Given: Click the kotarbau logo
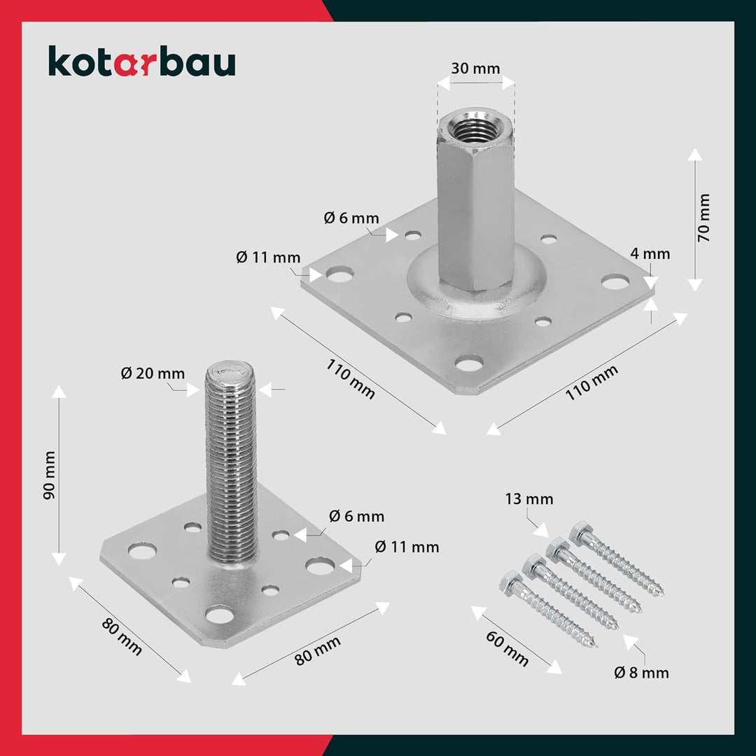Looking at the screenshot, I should pyautogui.click(x=141, y=62).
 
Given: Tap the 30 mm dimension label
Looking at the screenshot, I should pyautogui.click(x=475, y=68).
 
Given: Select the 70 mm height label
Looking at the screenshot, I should pyautogui.click(x=703, y=218).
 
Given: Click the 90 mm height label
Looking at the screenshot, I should pyautogui.click(x=48, y=475).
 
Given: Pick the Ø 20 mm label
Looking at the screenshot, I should pyautogui.click(x=153, y=373).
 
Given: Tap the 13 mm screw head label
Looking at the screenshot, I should pyautogui.click(x=529, y=498).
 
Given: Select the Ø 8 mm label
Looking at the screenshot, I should pyautogui.click(x=641, y=673).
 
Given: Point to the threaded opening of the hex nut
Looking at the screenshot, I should pyautogui.click(x=475, y=125).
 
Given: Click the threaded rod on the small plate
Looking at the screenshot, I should pyautogui.click(x=230, y=462).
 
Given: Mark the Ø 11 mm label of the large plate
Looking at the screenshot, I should pyautogui.click(x=267, y=257).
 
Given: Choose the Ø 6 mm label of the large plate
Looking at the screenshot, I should pyautogui.click(x=351, y=218).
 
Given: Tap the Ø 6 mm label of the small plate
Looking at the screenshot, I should pyautogui.click(x=356, y=517).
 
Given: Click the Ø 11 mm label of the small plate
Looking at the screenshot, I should pyautogui.click(x=407, y=547).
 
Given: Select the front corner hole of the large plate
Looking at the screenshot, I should pyautogui.click(x=468, y=363).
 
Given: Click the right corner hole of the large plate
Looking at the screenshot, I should pyautogui.click(x=615, y=282).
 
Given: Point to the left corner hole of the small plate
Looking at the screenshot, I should pyautogui.click(x=141, y=552).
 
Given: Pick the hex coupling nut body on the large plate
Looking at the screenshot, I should pyautogui.click(x=475, y=210).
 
